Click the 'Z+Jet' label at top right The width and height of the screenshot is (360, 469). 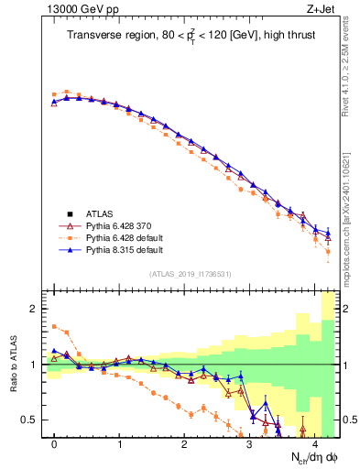pyautogui.click(x=324, y=9)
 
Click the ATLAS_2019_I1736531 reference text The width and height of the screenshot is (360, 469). pyautogui.click(x=191, y=274)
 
